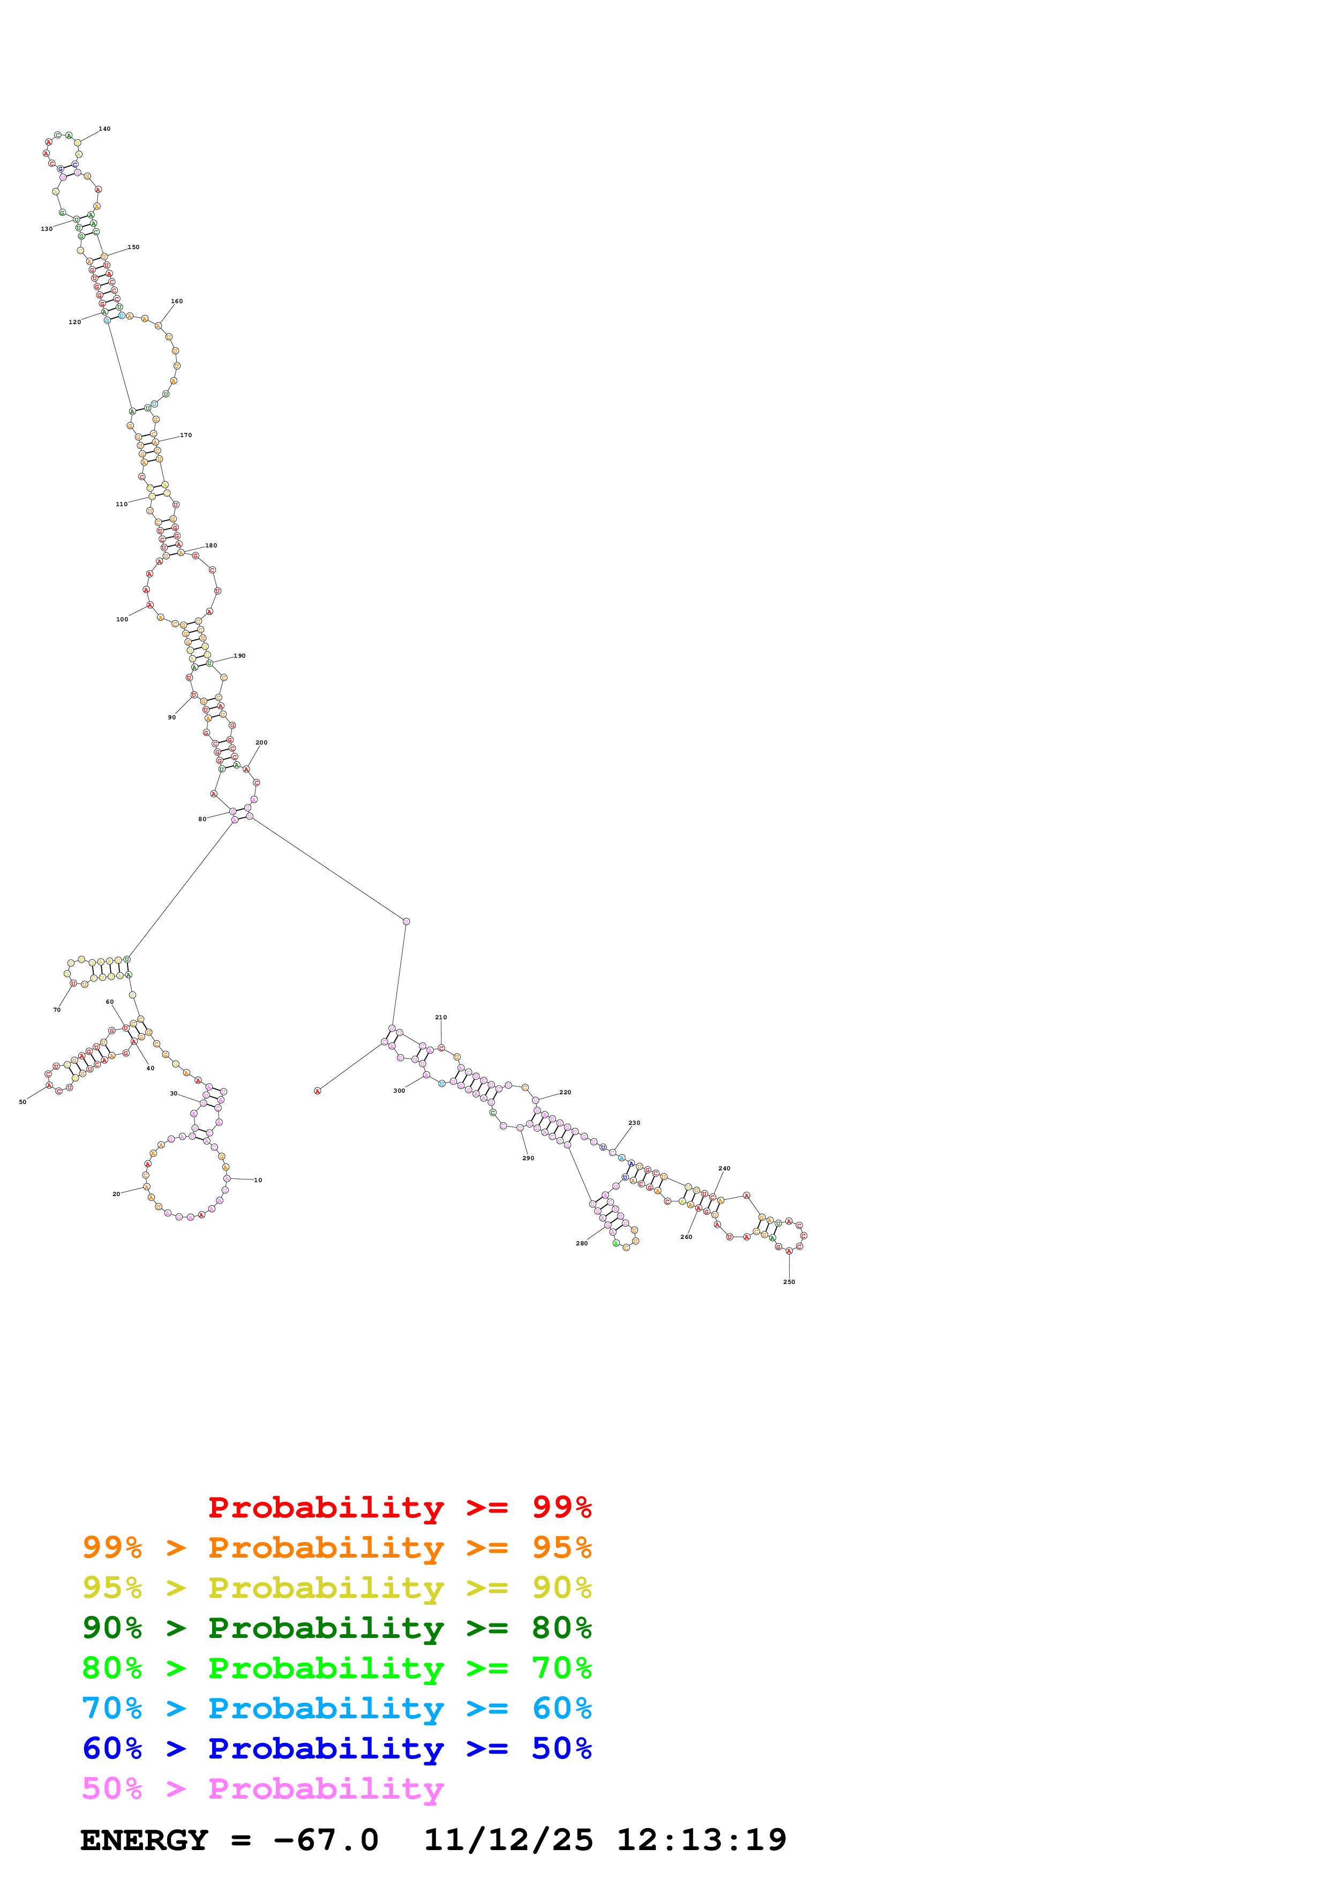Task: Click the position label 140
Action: point(105,129)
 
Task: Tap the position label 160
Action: point(177,301)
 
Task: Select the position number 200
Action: point(261,742)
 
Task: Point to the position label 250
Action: point(789,1282)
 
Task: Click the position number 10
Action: point(258,1180)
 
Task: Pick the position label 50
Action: point(23,1102)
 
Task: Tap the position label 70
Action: point(57,1010)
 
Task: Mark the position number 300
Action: point(399,1091)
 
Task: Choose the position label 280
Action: point(582,1243)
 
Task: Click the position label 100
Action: point(122,620)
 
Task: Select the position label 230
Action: point(634,1123)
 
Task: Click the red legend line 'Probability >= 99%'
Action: point(399,1507)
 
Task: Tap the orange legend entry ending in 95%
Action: point(337,1547)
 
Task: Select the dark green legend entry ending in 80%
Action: point(337,1628)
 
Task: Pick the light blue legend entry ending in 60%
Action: point(337,1708)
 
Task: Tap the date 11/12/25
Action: point(508,1840)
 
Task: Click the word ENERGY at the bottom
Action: point(144,1840)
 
